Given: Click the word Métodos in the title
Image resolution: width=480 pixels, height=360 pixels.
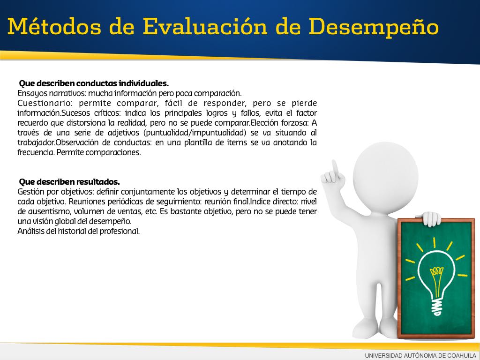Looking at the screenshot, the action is [54, 26].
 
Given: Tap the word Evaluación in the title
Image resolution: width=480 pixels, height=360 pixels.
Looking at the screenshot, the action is [205, 26].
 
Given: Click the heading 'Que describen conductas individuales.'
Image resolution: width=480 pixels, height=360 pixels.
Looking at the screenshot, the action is [94, 83].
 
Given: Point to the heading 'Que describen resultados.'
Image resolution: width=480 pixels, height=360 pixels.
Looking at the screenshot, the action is [69, 182].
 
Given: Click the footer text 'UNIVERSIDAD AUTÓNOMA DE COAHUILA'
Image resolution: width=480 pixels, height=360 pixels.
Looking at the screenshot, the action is [420, 355].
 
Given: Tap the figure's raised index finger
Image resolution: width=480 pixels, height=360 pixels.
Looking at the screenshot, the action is [335, 167].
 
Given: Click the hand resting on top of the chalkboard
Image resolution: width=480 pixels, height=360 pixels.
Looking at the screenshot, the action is [431, 218].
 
